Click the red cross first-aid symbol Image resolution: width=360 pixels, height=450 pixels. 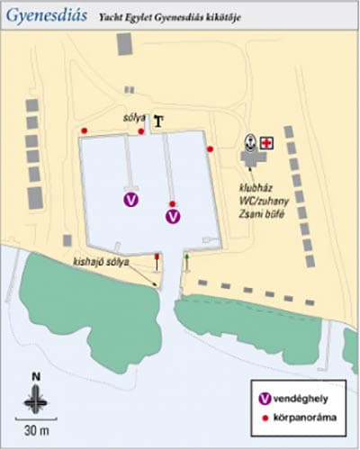[267, 143]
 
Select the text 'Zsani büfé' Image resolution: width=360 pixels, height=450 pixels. [256, 217]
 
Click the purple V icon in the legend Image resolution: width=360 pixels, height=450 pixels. [265, 398]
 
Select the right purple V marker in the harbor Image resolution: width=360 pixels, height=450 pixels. [173, 216]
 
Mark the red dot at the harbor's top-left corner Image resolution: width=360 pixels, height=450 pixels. [85, 131]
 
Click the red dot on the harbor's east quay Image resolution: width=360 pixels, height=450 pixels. [210, 148]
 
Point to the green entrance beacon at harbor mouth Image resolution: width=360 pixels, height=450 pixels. [186, 259]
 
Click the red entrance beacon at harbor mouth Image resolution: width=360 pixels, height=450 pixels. [158, 258]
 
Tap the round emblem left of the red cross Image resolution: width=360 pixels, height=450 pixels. [250, 141]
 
